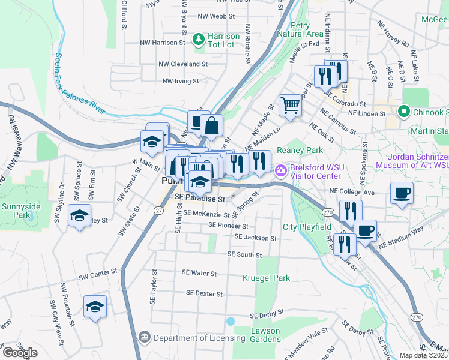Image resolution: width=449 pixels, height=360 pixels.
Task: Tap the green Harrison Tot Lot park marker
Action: click(198, 40)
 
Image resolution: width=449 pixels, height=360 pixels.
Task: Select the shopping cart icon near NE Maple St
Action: click(290, 106)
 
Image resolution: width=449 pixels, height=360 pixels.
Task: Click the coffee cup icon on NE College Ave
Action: click(402, 193)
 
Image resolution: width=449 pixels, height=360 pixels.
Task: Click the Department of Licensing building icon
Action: click(144, 338)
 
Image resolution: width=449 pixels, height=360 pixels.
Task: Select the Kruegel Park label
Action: click(266, 278)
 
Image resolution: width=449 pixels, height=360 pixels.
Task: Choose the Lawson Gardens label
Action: click(265, 335)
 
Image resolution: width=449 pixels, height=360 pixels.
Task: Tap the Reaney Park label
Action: click(300, 150)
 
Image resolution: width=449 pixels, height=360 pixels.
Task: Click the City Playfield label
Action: click(307, 227)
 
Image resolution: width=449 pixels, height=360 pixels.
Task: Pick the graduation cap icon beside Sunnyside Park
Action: click(79, 217)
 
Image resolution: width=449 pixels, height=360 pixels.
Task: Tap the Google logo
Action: click(20, 353)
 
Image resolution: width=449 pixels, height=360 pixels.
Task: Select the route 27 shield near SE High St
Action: click(158, 209)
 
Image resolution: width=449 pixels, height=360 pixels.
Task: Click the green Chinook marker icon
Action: click(404, 112)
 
